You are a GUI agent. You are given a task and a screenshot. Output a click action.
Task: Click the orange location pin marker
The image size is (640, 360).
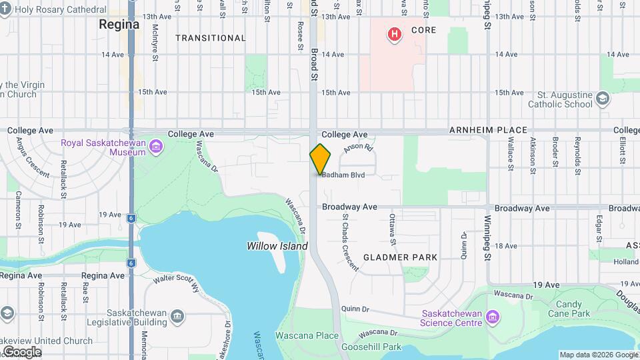click(x=321, y=159)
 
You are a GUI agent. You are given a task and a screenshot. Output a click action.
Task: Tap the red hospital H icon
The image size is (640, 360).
click(x=395, y=33)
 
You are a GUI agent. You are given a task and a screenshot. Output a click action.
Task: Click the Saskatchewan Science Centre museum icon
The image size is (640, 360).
click(x=493, y=315)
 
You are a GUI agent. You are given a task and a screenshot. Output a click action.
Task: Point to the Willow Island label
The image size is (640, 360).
click(x=277, y=246)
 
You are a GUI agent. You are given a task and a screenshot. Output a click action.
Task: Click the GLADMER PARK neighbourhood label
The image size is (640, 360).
click(x=400, y=257)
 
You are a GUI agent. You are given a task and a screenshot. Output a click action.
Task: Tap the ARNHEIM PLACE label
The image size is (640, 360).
click(x=488, y=131)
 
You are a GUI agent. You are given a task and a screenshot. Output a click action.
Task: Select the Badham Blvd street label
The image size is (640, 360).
click(x=343, y=175)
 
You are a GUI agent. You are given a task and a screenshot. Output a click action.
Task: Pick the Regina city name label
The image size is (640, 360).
click(x=119, y=25)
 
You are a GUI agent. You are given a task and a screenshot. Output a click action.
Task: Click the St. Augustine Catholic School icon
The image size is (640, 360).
click(x=603, y=99)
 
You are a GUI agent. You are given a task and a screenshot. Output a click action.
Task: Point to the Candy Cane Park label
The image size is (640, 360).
click(x=569, y=309)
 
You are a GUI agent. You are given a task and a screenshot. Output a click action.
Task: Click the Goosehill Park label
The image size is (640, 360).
click(x=371, y=347)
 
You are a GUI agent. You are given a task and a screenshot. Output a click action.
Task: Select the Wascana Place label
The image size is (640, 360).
click(x=307, y=335)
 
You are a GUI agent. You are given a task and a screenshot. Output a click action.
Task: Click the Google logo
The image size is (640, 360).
click(x=22, y=351)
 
